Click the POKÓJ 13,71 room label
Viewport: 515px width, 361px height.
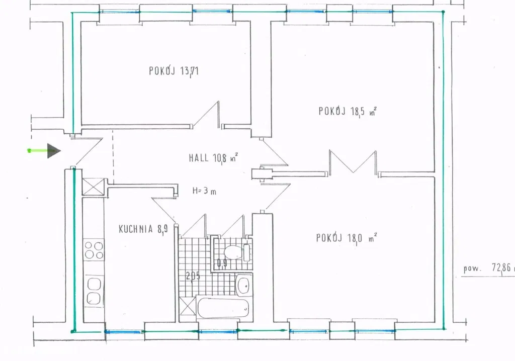[174, 71]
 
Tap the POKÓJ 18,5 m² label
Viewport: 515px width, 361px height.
[347, 111]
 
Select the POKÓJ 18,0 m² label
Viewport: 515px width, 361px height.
[347, 238]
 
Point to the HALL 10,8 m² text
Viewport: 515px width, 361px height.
[213, 158]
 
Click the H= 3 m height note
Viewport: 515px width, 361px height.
[204, 191]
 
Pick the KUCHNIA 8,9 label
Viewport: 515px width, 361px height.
[143, 229]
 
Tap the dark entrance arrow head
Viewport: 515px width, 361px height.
[54, 151]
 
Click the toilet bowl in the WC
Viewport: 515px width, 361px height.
[232, 252]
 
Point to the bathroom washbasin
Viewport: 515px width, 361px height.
[244, 285]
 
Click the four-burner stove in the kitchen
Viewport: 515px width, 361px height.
[94, 250]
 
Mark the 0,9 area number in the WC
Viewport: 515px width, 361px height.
[222, 263]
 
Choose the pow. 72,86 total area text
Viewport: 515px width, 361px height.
[487, 268]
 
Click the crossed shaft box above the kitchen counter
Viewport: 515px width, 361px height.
[93, 187]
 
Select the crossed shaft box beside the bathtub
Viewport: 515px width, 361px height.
[188, 308]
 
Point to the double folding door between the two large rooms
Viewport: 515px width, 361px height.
[353, 163]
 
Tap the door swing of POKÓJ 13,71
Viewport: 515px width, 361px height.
[206, 115]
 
